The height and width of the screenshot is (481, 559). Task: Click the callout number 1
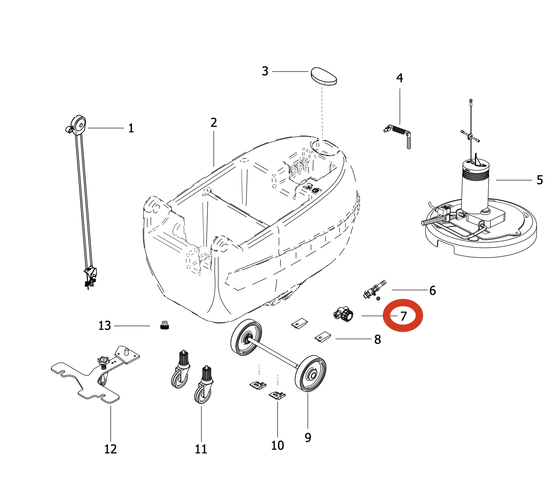(x=131, y=128)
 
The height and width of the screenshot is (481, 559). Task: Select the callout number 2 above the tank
(x=214, y=122)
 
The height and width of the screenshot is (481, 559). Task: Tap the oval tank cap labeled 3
(x=324, y=76)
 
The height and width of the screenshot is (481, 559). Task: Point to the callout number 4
(x=399, y=78)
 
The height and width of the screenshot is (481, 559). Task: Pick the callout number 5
(x=540, y=180)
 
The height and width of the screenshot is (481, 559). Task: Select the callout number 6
(x=432, y=291)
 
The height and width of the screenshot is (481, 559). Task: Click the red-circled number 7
(x=403, y=316)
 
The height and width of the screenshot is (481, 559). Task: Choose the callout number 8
(x=377, y=339)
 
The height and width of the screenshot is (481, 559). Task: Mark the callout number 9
(x=308, y=437)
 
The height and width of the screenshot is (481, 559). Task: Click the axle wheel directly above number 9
(x=311, y=374)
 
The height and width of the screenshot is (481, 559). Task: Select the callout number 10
(x=277, y=445)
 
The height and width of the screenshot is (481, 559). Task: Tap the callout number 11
(x=201, y=449)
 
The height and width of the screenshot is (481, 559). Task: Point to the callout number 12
(x=110, y=449)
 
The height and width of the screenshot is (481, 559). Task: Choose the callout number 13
(x=104, y=326)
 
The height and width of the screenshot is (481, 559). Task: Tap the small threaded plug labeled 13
(x=165, y=325)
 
